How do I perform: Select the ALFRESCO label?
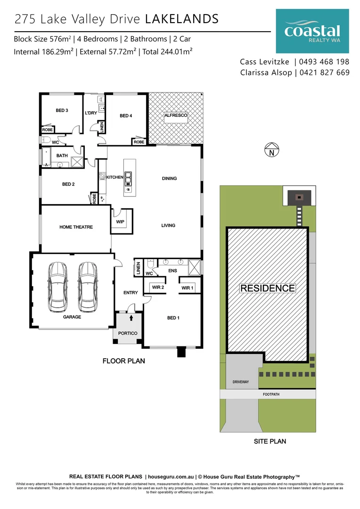pos(176,115)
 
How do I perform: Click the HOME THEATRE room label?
pos(76,227)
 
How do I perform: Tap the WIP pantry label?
pos(121,222)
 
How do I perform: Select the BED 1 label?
pos(173,318)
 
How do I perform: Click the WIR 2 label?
pos(157,287)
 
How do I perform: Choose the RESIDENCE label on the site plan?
pos(268,288)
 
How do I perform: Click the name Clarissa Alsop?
pos(266,73)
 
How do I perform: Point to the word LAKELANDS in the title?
pos(181,19)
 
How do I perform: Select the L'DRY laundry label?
pos(90,114)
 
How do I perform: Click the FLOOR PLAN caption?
pos(123,361)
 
